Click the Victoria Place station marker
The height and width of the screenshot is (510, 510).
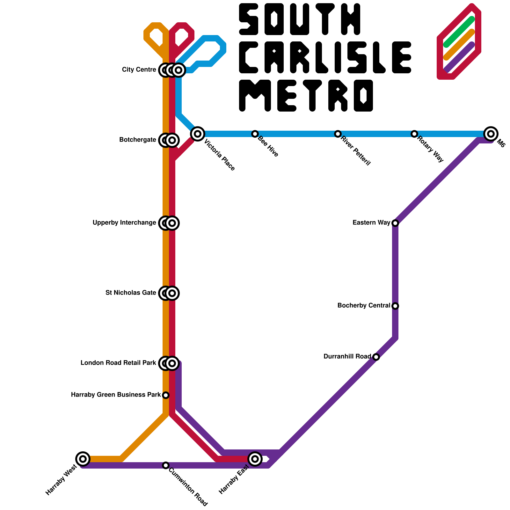(x=198, y=134)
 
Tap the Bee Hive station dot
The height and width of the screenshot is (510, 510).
(x=255, y=134)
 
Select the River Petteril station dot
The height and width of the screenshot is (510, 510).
(x=338, y=134)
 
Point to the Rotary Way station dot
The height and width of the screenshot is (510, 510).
(x=414, y=134)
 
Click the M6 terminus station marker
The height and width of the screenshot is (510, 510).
(x=491, y=134)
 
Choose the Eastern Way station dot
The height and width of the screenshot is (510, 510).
(x=395, y=223)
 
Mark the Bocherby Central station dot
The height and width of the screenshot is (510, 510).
(x=395, y=306)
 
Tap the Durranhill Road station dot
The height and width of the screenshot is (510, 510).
(x=376, y=357)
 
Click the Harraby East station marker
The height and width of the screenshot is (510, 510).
(x=255, y=459)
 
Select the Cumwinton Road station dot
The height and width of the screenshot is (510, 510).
(x=165, y=465)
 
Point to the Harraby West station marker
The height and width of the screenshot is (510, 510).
(x=83, y=459)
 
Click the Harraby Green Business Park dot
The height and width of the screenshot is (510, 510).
(x=165, y=395)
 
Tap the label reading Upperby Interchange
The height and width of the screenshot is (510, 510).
(x=124, y=223)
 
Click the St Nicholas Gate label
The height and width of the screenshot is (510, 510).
(x=131, y=293)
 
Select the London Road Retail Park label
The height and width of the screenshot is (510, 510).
(x=118, y=363)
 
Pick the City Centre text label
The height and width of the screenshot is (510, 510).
(x=139, y=70)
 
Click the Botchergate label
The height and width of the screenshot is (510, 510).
(x=138, y=140)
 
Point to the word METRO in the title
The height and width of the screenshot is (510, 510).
(x=306, y=96)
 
